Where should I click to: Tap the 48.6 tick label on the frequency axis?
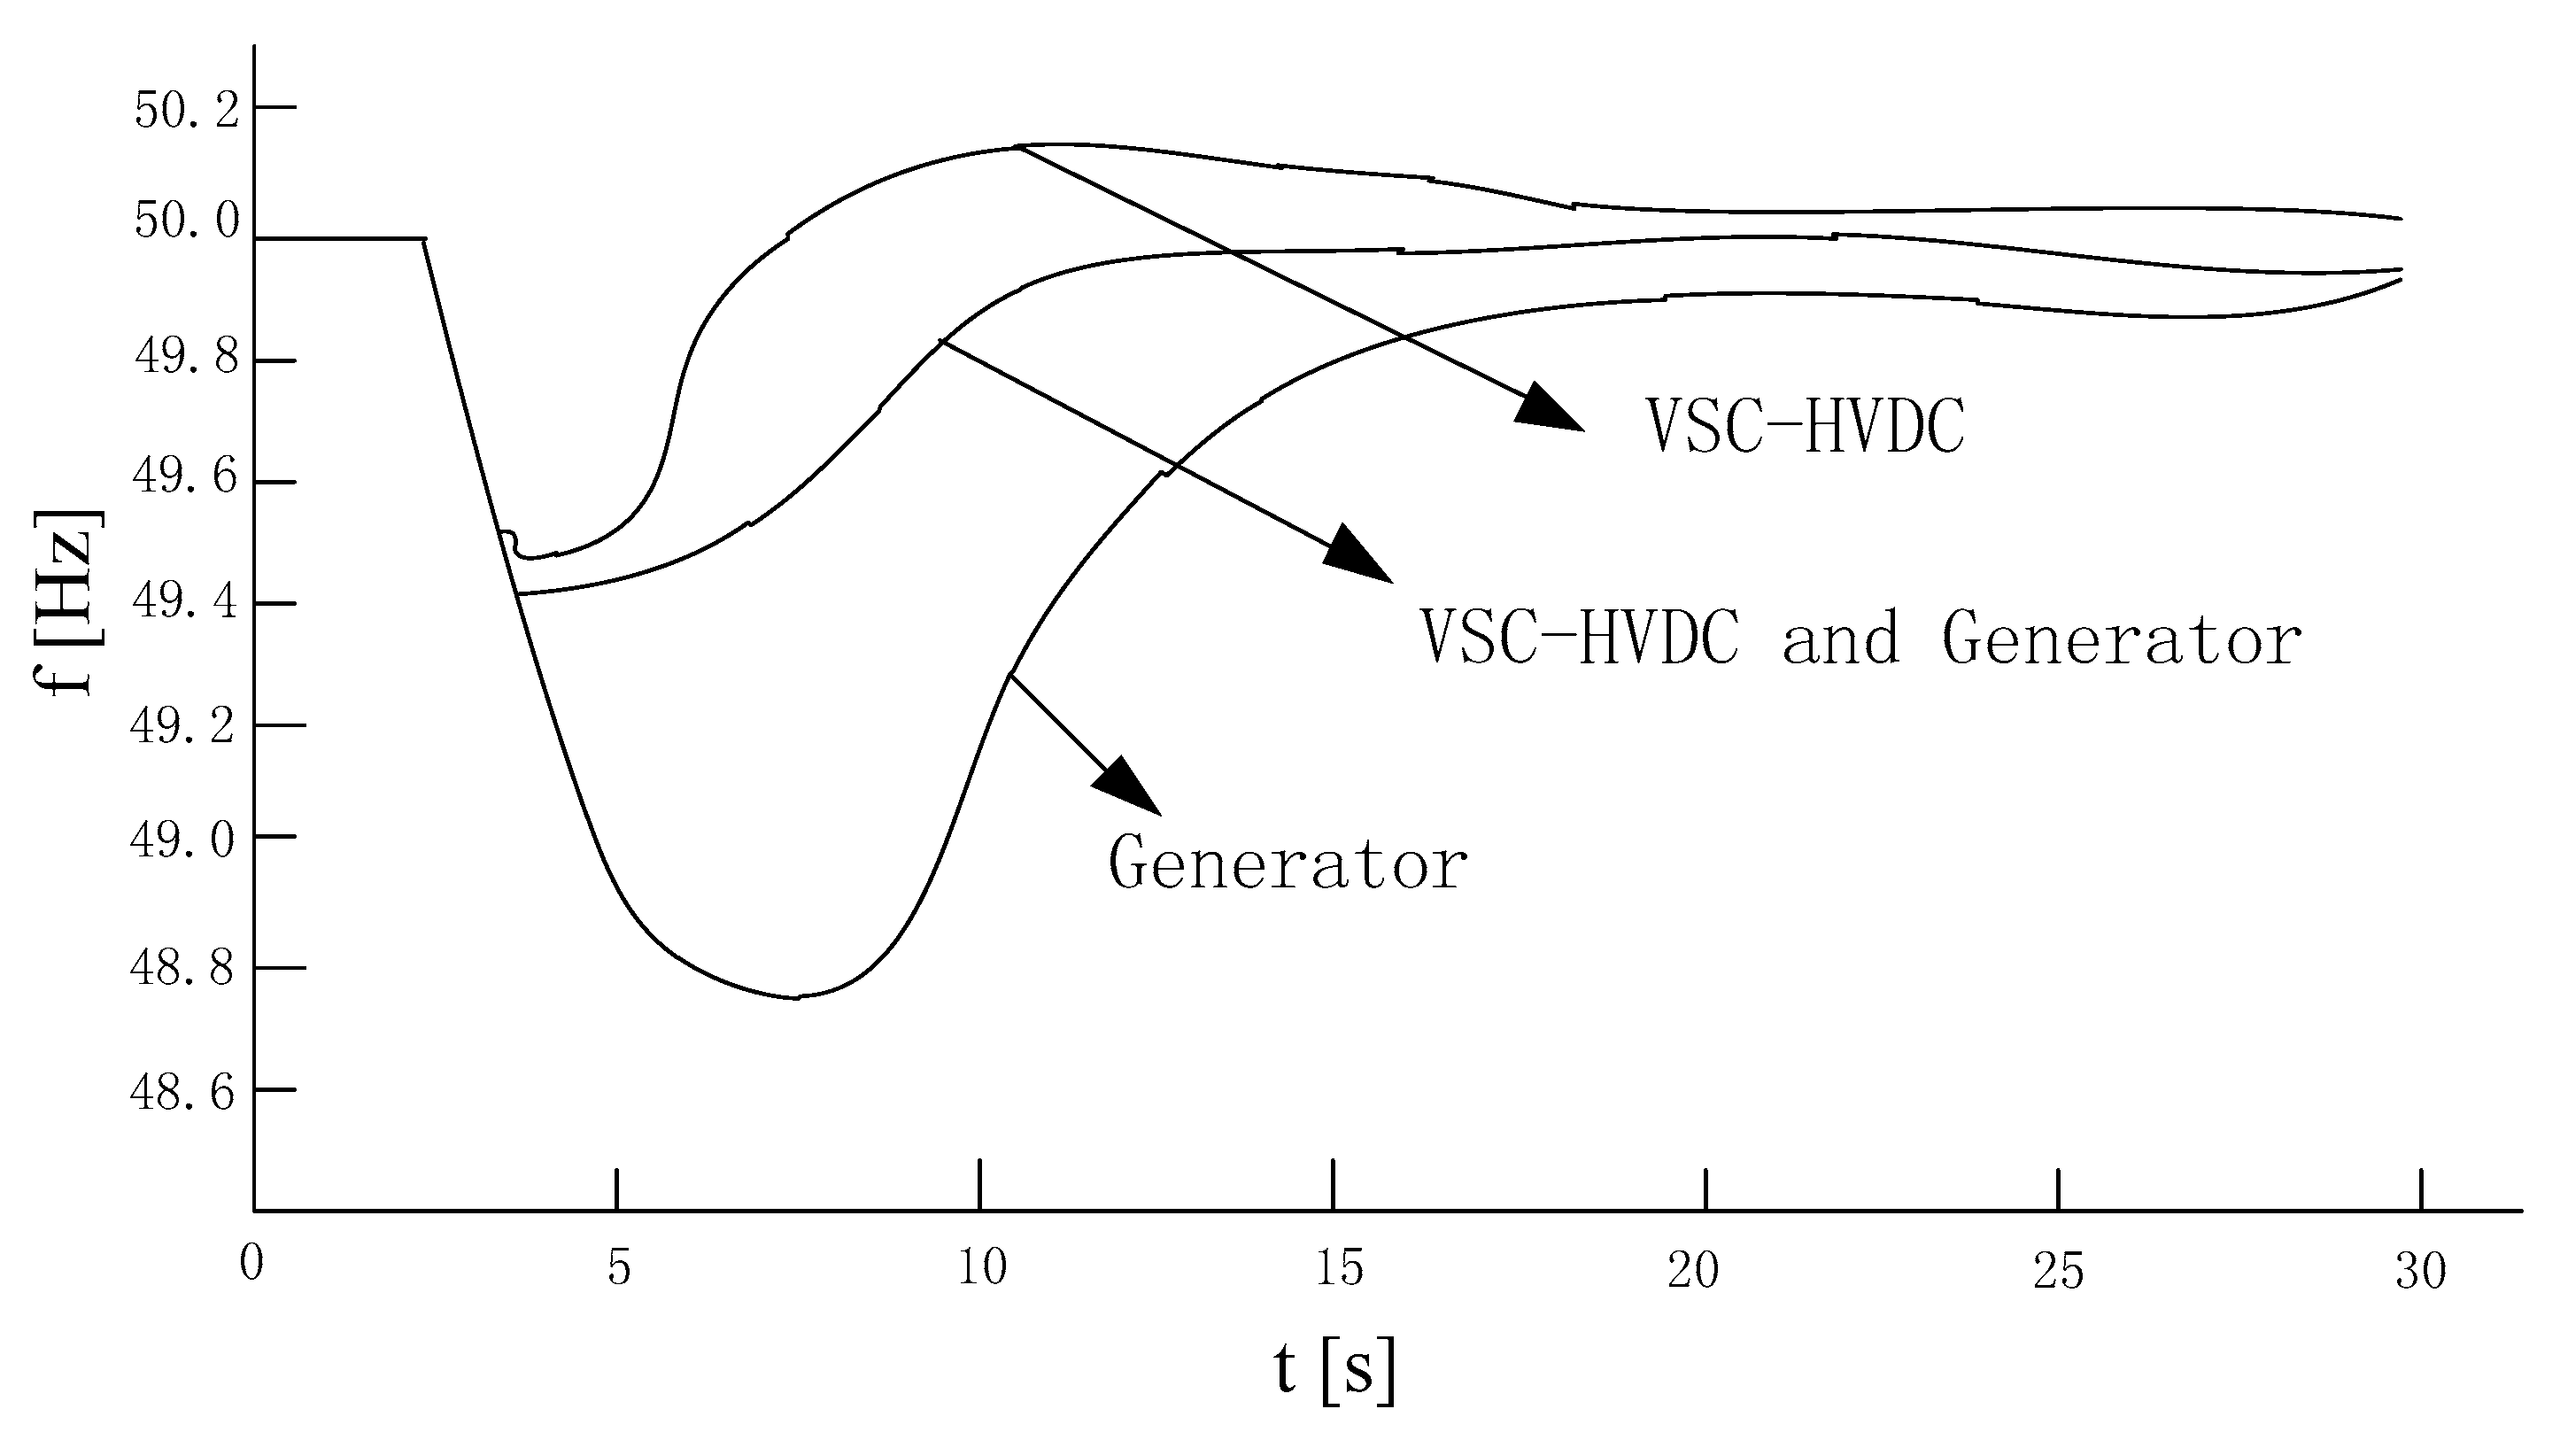coord(182,1093)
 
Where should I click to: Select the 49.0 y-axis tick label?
coord(182,840)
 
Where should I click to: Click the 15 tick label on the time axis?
coord(1339,1269)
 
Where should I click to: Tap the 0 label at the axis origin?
coord(251,1264)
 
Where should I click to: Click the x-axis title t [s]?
coord(1334,1369)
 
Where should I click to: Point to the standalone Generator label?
coord(1287,863)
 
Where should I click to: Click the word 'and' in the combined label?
coord(1839,637)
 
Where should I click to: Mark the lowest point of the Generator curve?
coord(795,998)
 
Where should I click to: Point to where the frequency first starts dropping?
coord(425,239)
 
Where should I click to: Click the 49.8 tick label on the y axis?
coord(187,357)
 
